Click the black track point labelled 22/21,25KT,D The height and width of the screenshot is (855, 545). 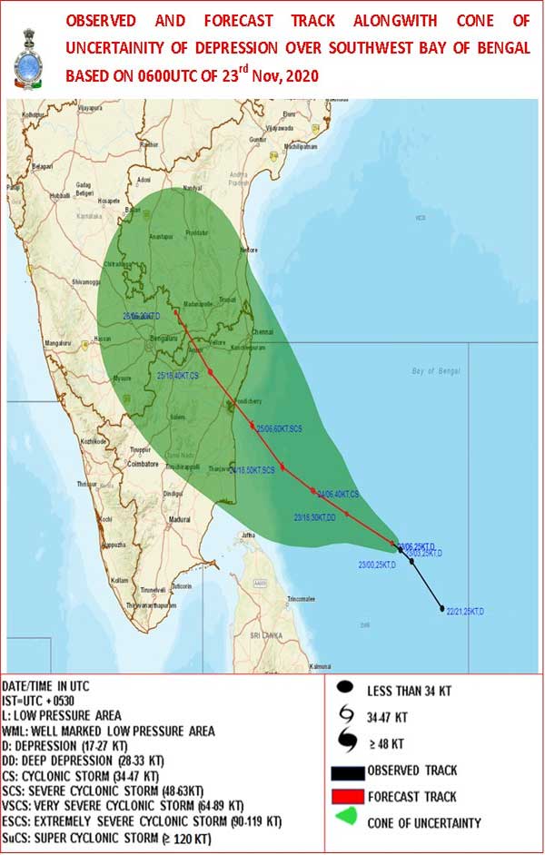(442, 608)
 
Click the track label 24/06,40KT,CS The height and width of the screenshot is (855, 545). (340, 494)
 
